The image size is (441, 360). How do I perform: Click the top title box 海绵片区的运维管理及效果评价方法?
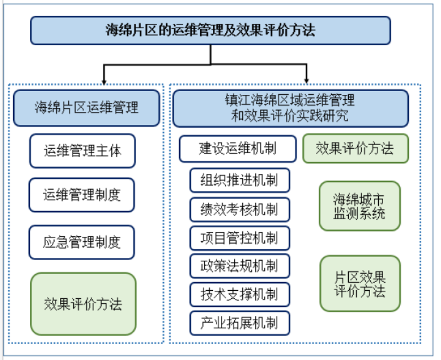point(210,30)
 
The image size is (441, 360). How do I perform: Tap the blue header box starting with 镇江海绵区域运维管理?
point(290,108)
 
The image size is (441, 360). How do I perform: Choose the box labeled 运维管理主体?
point(82,151)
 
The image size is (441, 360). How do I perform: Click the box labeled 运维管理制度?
point(82,195)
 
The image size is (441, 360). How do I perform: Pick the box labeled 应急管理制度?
point(82,242)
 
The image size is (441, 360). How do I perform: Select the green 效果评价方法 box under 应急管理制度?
point(83,304)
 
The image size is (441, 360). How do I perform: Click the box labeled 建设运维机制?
point(237,148)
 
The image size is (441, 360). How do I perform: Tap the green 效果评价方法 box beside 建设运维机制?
point(355,148)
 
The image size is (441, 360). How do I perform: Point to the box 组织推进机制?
point(240,181)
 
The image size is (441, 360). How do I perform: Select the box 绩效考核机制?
point(240,209)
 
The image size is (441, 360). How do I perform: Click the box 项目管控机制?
point(240,238)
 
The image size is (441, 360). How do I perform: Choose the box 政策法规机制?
point(240,266)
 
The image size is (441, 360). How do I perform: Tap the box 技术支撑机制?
point(240,295)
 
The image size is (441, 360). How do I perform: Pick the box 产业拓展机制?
point(240,323)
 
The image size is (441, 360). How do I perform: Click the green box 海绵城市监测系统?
point(360,206)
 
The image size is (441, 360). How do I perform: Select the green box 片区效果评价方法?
point(360,283)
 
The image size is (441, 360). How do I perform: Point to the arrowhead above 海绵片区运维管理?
point(104,78)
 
